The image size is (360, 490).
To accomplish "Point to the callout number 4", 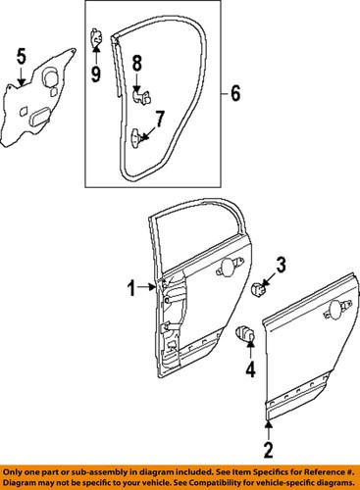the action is (x=249, y=369).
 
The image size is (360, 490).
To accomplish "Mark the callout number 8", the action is (x=137, y=64).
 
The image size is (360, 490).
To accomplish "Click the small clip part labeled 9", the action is (x=96, y=39).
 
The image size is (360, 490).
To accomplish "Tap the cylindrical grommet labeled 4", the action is (x=245, y=334).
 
